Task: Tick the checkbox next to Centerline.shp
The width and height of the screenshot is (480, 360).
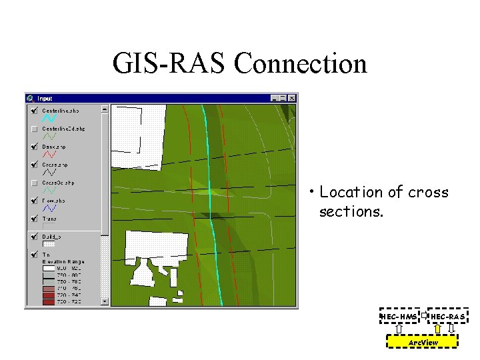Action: pos(34,110)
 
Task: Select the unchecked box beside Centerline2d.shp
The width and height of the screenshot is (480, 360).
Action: pos(34,128)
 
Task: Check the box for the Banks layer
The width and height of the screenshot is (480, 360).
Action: pos(34,146)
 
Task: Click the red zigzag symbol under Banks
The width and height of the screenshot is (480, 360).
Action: pos(49,154)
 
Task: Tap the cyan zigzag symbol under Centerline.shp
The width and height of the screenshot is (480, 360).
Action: pos(49,118)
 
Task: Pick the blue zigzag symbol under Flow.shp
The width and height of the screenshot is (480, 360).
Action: pos(49,209)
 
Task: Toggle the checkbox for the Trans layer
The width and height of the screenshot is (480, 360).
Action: pos(34,218)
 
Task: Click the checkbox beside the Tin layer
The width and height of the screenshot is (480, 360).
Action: pos(34,254)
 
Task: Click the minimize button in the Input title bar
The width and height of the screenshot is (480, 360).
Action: pos(275,98)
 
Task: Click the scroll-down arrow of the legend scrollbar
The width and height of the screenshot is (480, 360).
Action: pos(104,301)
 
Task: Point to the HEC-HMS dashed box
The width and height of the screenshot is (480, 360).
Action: pos(399,315)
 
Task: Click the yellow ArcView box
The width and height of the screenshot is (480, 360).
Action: pos(423,342)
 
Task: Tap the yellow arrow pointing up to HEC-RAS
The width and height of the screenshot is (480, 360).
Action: pos(437,328)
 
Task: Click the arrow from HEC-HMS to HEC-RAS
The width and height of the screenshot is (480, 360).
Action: pos(423,313)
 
